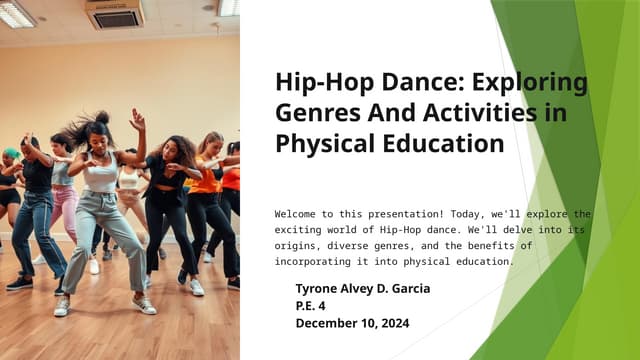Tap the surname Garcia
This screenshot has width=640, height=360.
pyautogui.click(x=407, y=288)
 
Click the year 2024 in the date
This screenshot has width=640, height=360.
pyautogui.click(x=389, y=322)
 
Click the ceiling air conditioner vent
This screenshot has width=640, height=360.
pyautogui.click(x=113, y=13)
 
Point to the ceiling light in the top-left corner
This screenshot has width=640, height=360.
pyautogui.click(x=16, y=14)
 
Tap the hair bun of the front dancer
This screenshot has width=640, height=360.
pyautogui.click(x=101, y=117)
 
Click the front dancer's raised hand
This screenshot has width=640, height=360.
pyautogui.click(x=137, y=118)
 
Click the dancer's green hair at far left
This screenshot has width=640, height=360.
pyautogui.click(x=11, y=153)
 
